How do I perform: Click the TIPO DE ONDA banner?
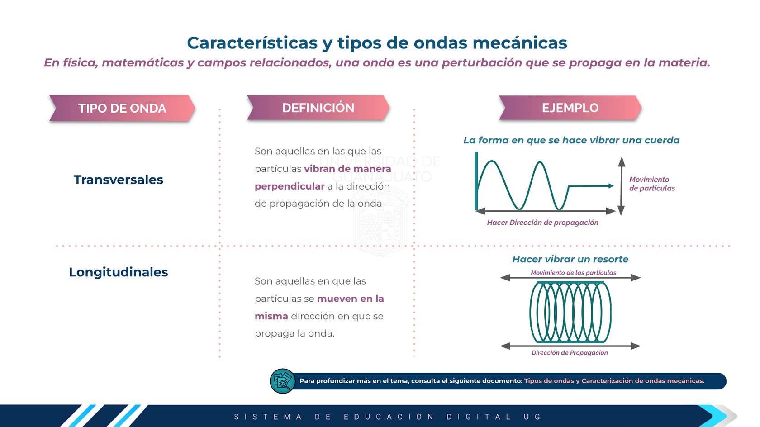click(x=122, y=108)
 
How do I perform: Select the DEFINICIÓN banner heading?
click(x=318, y=108)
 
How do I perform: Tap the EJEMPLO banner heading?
click(x=570, y=108)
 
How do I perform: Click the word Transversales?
click(x=119, y=180)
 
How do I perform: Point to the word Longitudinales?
click(x=119, y=272)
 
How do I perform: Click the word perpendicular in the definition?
click(x=290, y=186)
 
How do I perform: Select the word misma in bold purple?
click(x=271, y=316)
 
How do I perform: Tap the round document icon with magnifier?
click(x=282, y=381)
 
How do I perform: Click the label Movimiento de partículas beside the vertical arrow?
click(x=652, y=184)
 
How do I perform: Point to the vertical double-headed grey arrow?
click(x=621, y=186)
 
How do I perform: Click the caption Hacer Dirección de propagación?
click(x=542, y=223)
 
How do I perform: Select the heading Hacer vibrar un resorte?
click(x=570, y=259)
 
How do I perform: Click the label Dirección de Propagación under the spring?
click(x=570, y=353)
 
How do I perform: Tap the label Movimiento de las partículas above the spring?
click(x=574, y=273)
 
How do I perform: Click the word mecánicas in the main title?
click(x=520, y=43)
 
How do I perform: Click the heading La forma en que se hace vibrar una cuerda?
click(x=571, y=140)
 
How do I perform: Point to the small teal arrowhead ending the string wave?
click(x=611, y=186)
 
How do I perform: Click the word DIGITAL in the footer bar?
click(x=479, y=417)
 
